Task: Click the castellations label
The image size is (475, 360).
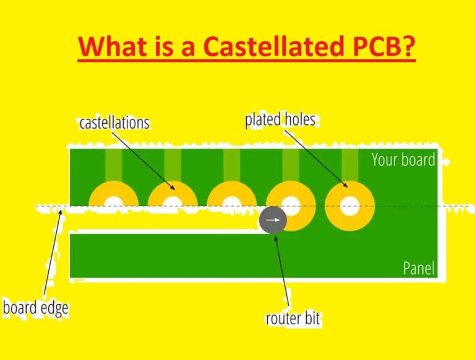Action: (x=114, y=122)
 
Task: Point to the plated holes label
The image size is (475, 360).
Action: (x=280, y=119)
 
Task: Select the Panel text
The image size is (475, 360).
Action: (x=418, y=268)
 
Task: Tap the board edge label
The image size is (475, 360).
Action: (x=35, y=307)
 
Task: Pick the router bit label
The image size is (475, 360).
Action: (x=293, y=319)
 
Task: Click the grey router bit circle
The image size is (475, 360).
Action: (x=273, y=220)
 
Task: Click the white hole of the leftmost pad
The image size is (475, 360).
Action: (x=113, y=202)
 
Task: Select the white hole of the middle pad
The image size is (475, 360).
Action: (x=231, y=203)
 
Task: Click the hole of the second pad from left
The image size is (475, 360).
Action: (x=173, y=202)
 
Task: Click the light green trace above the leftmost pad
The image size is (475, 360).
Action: (x=113, y=165)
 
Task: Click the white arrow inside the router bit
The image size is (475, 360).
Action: (x=273, y=220)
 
